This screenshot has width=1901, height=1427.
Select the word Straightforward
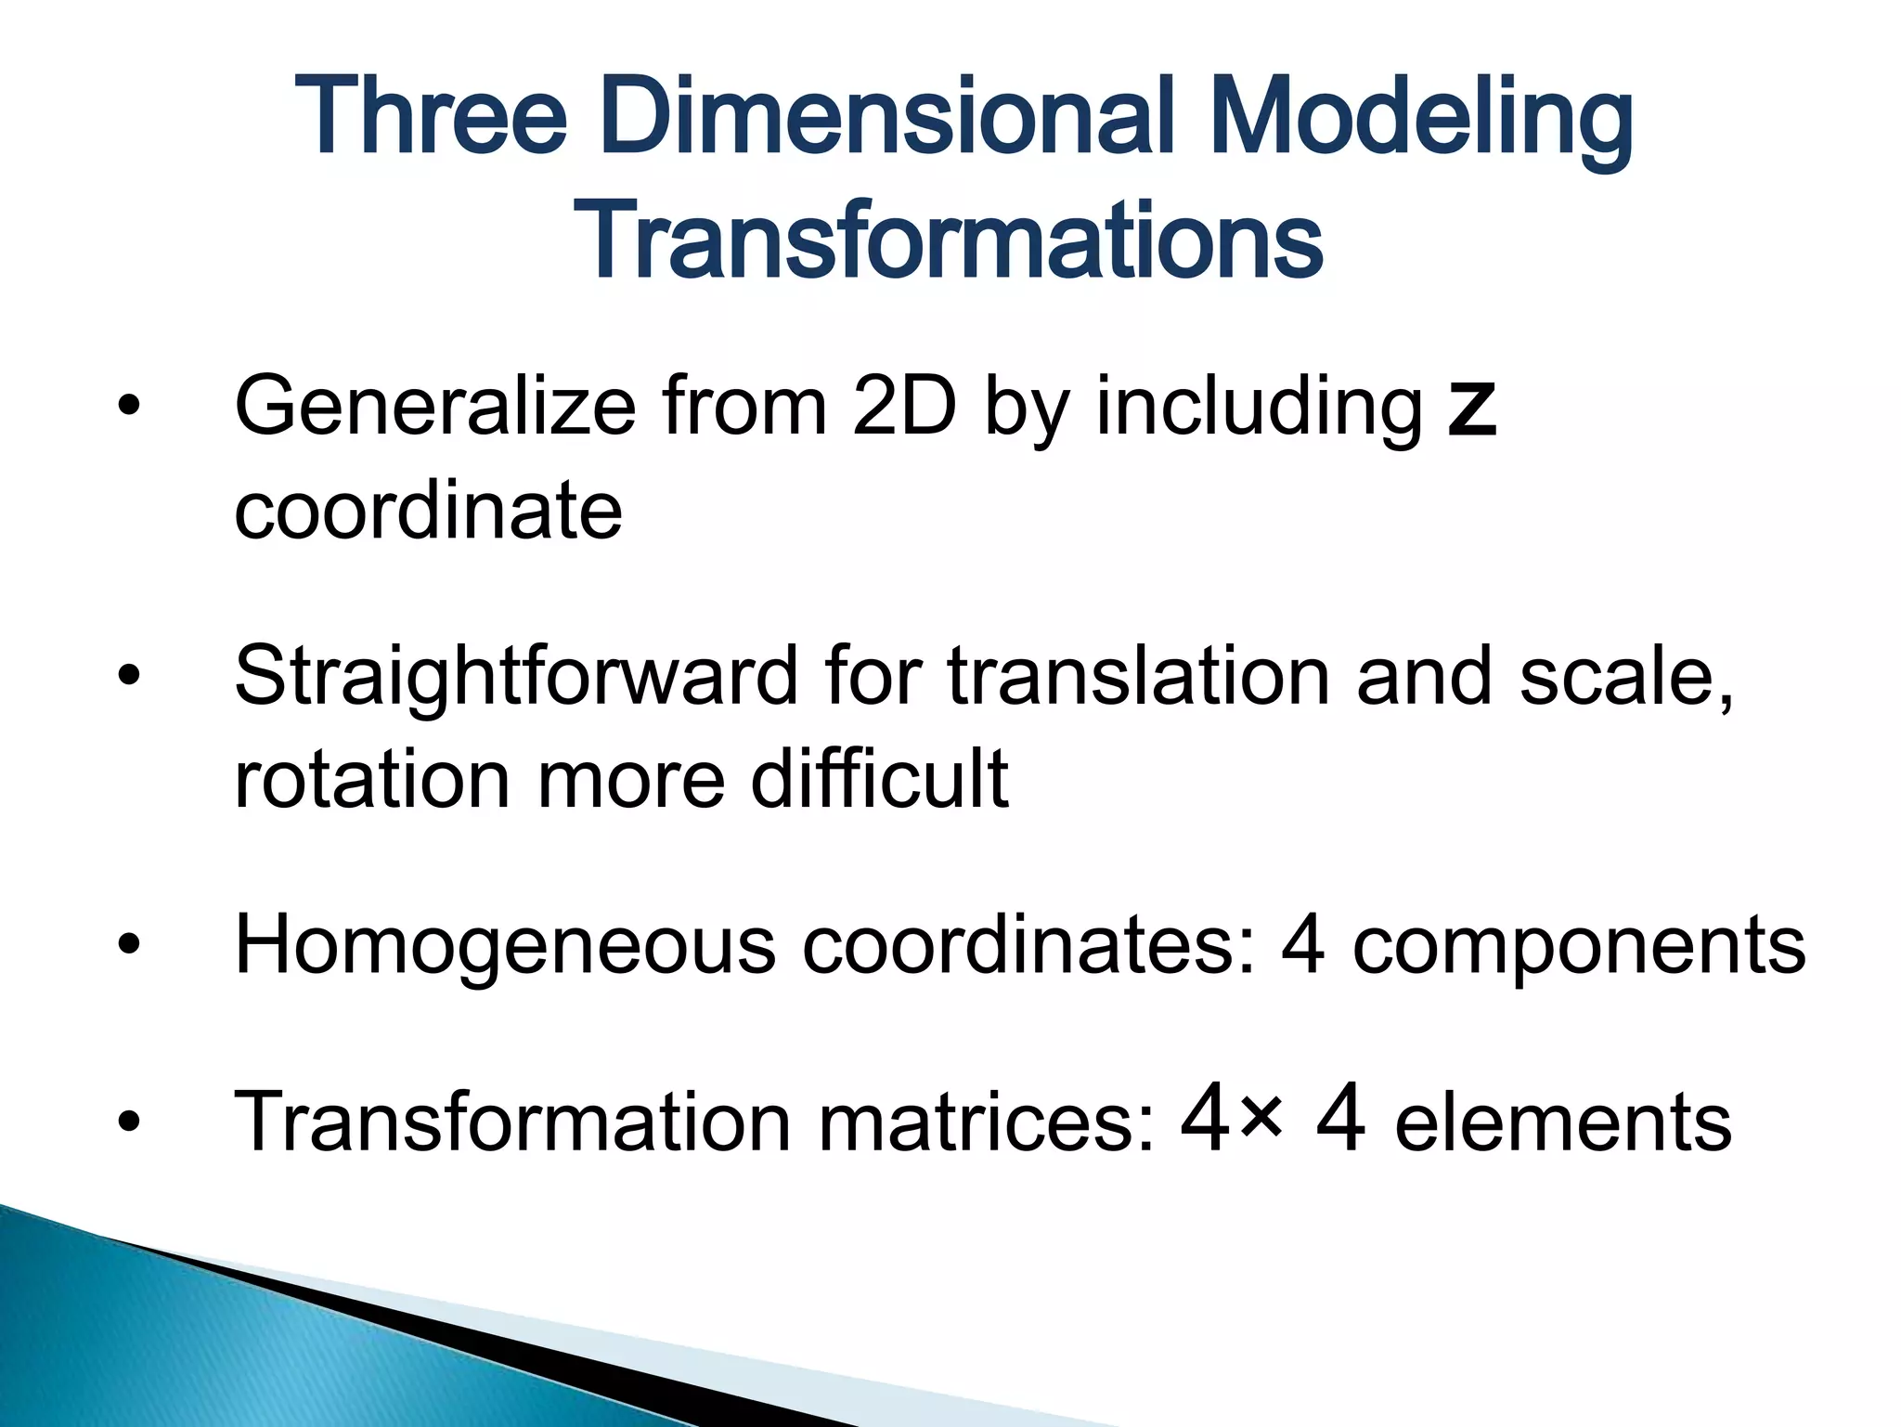click(x=515, y=677)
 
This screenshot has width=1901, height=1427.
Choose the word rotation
click(x=372, y=780)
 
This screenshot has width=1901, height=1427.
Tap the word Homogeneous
click(x=505, y=947)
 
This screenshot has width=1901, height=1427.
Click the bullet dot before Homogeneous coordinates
click(x=129, y=945)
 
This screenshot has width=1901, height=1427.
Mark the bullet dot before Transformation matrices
click(x=129, y=1122)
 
